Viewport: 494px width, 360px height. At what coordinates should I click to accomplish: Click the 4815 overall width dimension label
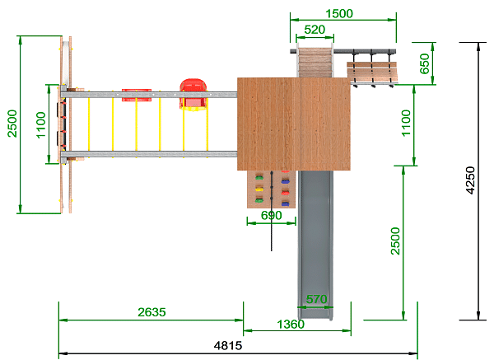pos(228,345)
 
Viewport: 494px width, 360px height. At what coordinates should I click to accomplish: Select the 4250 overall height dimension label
pos(470,180)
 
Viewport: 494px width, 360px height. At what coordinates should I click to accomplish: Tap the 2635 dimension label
pos(151,312)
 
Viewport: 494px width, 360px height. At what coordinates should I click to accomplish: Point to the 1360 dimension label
pos(291,325)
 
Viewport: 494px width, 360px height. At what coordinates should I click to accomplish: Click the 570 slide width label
pos(316,299)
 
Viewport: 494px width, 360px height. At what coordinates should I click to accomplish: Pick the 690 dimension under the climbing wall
pos(271,216)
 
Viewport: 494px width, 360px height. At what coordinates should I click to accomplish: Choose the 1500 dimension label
pos(339,14)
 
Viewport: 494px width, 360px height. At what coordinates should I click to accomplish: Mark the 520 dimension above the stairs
pos(315,30)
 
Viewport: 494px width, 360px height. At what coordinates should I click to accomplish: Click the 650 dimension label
pos(425,63)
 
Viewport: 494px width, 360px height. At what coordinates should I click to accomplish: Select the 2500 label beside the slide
pos(395,241)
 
